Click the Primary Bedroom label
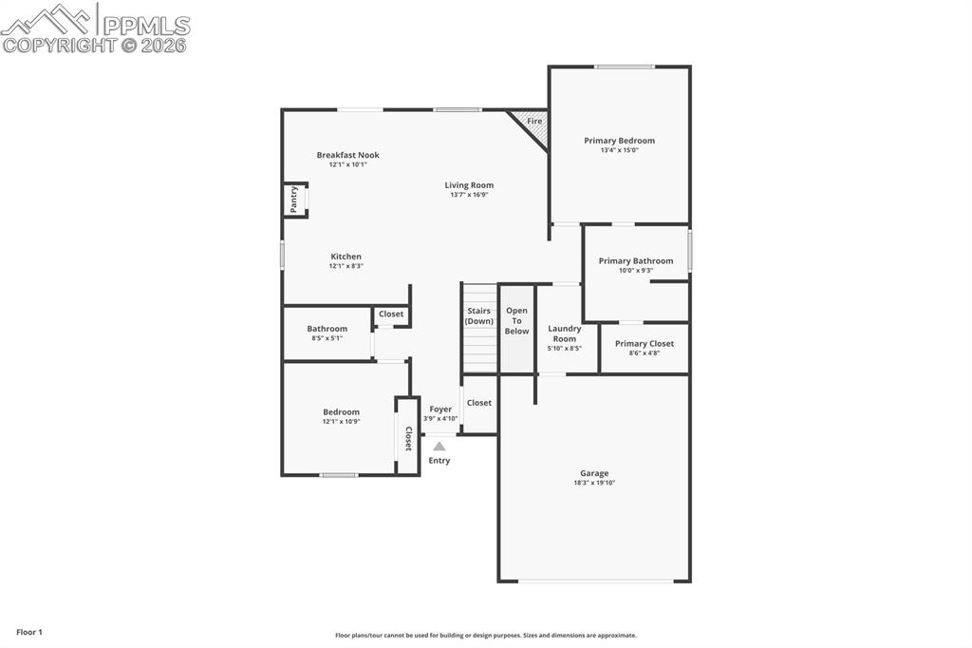(x=619, y=141)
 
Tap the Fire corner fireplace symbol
(x=533, y=124)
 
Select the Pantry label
(x=294, y=199)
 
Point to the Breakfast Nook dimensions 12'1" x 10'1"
(x=347, y=164)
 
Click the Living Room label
(x=469, y=185)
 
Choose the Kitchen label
(x=346, y=257)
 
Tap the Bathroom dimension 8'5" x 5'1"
(x=327, y=338)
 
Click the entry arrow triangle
(x=439, y=446)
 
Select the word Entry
(x=439, y=461)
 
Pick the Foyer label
(x=440, y=410)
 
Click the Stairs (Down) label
(x=479, y=315)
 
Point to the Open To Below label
(x=516, y=320)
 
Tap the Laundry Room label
(x=565, y=334)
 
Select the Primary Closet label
(x=644, y=344)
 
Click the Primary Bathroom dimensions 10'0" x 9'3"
(x=635, y=271)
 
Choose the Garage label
(x=594, y=473)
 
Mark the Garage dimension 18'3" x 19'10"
(x=594, y=483)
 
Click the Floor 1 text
(x=29, y=632)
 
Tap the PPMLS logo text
(x=146, y=26)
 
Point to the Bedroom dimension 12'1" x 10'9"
(x=341, y=422)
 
